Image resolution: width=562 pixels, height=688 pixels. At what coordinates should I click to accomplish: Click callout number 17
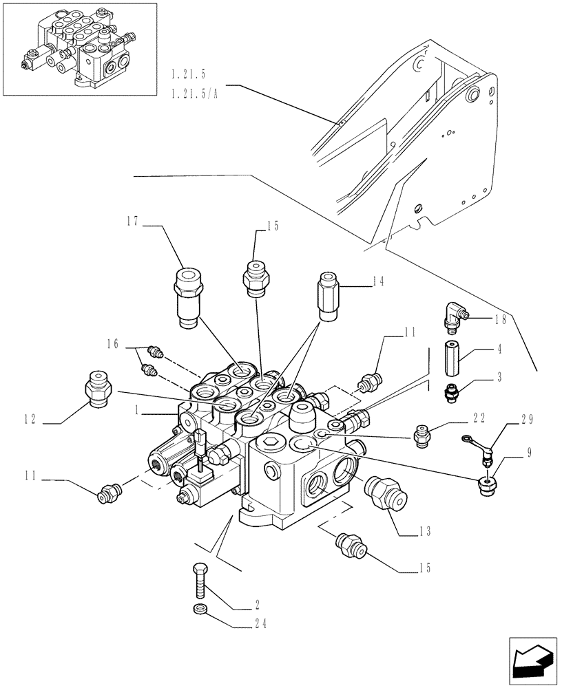(x=132, y=222)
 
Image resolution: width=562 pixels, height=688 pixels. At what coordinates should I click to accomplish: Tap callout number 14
(x=378, y=281)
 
